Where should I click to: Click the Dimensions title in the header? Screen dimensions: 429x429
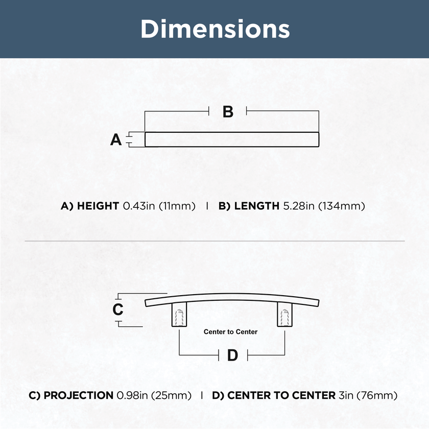(x=215, y=29)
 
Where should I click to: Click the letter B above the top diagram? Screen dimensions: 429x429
(x=228, y=112)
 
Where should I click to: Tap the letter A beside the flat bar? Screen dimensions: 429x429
(x=116, y=139)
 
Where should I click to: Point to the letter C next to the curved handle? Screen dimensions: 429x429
(x=118, y=309)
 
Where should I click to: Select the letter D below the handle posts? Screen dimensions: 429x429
(x=232, y=355)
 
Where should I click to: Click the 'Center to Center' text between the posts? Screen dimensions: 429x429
(x=230, y=332)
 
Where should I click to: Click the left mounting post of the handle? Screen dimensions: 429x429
(x=179, y=314)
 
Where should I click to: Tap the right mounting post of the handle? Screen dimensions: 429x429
(x=284, y=314)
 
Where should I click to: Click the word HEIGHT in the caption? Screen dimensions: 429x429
(x=98, y=206)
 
